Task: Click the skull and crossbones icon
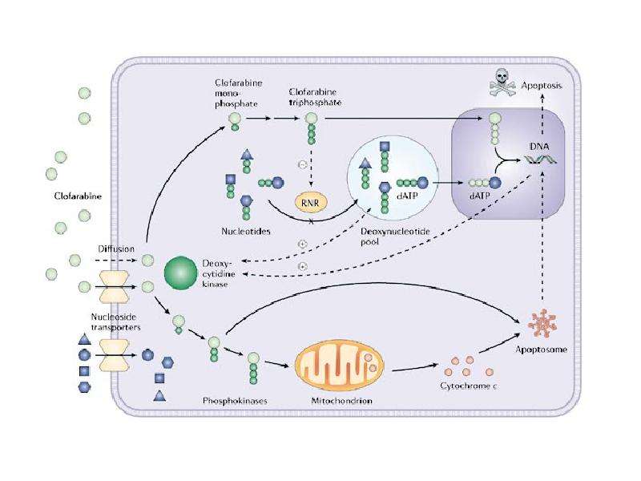pos(502,83)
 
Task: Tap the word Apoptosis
pos(542,86)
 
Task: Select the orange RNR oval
pos(312,202)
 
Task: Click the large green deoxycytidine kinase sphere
pos(181,273)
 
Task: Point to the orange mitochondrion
pos(339,366)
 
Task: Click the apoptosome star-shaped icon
pos(542,323)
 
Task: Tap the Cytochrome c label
pos(469,386)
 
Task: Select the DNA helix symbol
pos(540,160)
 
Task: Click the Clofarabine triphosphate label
pos(315,97)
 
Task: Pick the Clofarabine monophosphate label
pos(238,93)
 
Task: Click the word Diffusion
pos(116,249)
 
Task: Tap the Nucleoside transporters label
pos(115,322)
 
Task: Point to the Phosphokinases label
pos(235,400)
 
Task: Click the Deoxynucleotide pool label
pos(389,236)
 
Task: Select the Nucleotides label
pos(246,231)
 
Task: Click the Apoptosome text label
pos(542,350)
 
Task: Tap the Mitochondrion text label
pos(341,400)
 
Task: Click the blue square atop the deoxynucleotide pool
pos(385,147)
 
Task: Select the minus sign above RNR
pos(303,164)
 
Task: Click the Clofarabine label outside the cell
pos(78,196)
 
